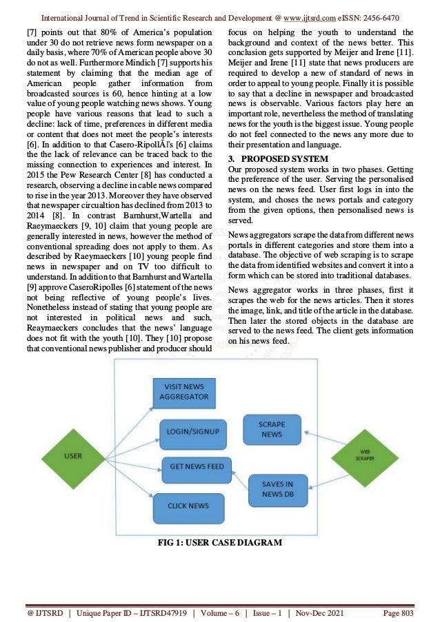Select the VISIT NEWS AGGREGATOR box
tap(183, 393)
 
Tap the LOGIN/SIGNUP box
tap(192, 431)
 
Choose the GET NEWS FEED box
tap(197, 467)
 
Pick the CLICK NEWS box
tap(188, 506)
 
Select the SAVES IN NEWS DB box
tap(277, 489)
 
